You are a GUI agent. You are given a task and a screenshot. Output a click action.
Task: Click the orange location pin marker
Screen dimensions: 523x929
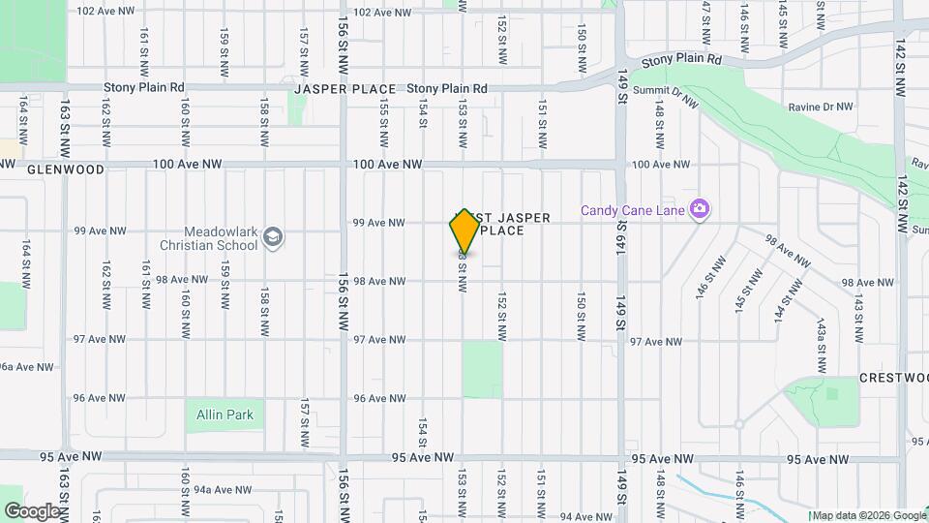click(x=464, y=231)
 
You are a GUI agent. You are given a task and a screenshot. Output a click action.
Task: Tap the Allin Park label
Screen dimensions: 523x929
click(x=225, y=415)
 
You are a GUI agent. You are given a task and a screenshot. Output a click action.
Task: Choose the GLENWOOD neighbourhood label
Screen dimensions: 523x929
click(x=66, y=169)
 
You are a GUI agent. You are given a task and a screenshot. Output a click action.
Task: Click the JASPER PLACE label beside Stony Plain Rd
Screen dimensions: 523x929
click(x=345, y=89)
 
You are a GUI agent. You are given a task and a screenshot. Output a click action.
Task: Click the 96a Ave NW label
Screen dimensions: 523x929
click(x=23, y=367)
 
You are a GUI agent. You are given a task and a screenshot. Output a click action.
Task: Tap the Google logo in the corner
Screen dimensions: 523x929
click(x=32, y=510)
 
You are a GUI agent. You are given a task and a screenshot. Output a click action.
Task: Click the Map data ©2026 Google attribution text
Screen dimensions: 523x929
click(x=869, y=515)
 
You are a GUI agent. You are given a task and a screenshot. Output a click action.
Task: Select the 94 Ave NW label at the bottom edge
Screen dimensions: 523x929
click(x=584, y=517)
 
